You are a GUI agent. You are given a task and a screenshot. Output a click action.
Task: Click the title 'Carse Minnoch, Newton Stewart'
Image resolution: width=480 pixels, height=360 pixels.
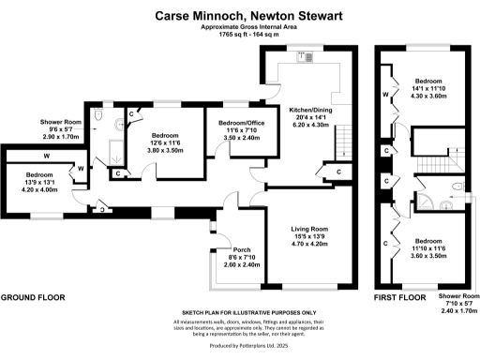(239, 16)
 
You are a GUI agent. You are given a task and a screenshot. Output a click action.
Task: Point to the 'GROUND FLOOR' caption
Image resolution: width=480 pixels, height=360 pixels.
(33, 297)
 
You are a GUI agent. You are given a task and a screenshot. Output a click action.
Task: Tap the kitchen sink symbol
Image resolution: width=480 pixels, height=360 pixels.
(306, 57)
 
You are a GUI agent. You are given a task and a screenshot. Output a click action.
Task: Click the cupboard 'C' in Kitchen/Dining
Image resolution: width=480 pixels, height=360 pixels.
(337, 173)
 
